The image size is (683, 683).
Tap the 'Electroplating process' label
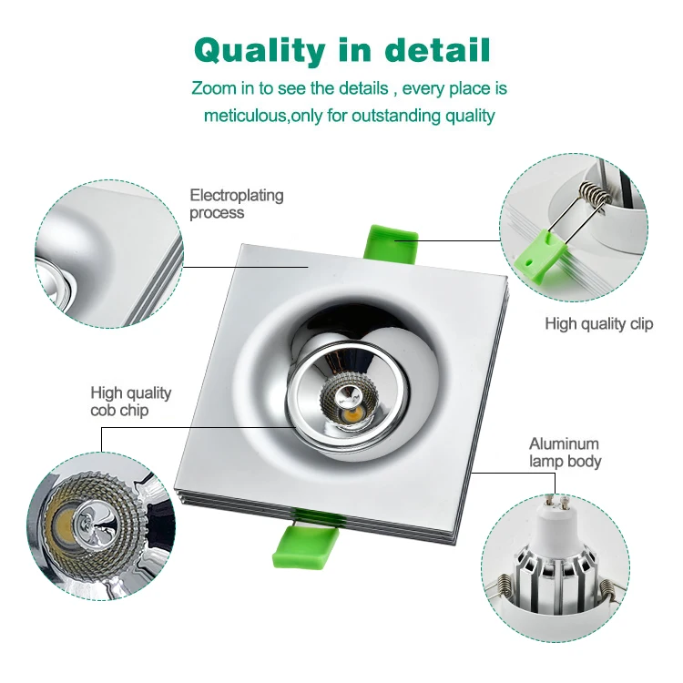[236, 204]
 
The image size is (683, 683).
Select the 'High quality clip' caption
[598, 323]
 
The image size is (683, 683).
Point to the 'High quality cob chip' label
[130, 402]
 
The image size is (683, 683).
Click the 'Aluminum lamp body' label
[566, 453]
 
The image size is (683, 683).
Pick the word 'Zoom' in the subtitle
[211, 89]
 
